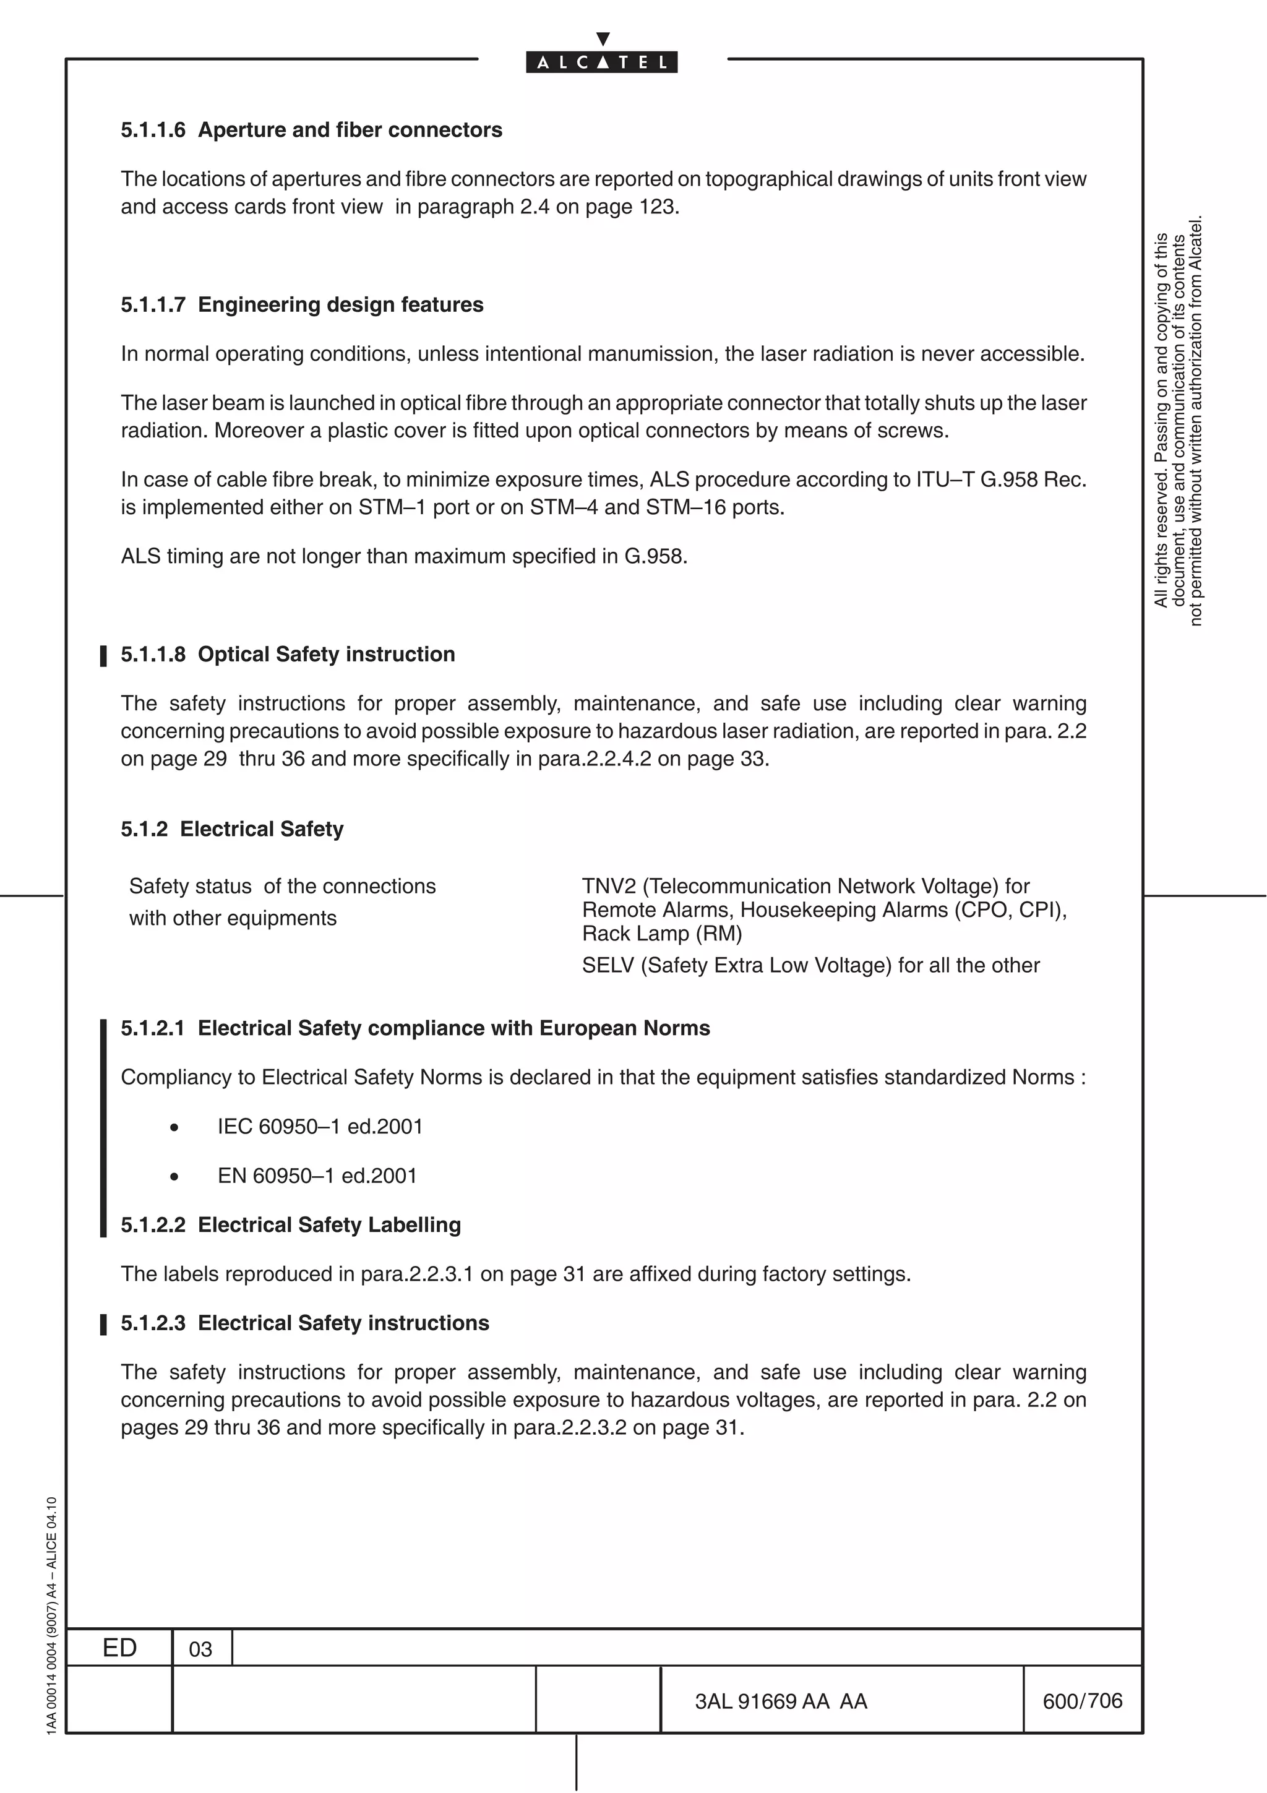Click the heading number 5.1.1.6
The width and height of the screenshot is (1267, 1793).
tap(153, 130)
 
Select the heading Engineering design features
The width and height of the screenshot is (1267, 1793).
tap(340, 304)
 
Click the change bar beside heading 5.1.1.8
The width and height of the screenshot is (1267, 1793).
tap(103, 655)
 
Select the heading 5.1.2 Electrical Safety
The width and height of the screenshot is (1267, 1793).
tap(232, 828)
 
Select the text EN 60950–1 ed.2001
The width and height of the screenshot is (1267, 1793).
tap(317, 1176)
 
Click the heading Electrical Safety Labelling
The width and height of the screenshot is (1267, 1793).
tap(329, 1224)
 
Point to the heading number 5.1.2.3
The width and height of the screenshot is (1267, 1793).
tap(153, 1323)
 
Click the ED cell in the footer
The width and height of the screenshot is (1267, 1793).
tap(119, 1648)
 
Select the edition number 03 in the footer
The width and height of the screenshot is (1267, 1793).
tap(200, 1649)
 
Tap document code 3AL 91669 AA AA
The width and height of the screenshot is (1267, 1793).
tap(781, 1701)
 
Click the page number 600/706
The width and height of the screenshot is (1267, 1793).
tap(1082, 1700)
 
